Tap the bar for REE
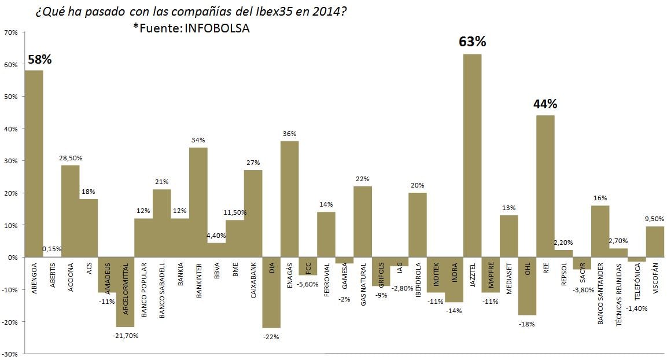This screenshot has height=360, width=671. click(x=545, y=186)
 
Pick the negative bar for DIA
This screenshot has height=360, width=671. click(x=271, y=292)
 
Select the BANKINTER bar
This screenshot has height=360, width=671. click(x=198, y=202)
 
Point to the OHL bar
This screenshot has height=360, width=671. click(x=527, y=286)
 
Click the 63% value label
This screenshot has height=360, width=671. click(x=473, y=42)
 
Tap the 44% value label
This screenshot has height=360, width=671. click(x=545, y=104)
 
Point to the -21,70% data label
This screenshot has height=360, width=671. click(x=125, y=335)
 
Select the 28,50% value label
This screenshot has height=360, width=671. click(x=70, y=157)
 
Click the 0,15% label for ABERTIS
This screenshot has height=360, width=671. click(x=52, y=249)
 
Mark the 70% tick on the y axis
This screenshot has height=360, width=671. click(x=11, y=32)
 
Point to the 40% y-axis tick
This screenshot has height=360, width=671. click(x=11, y=128)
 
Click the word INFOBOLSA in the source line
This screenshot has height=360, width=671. click(x=217, y=28)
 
